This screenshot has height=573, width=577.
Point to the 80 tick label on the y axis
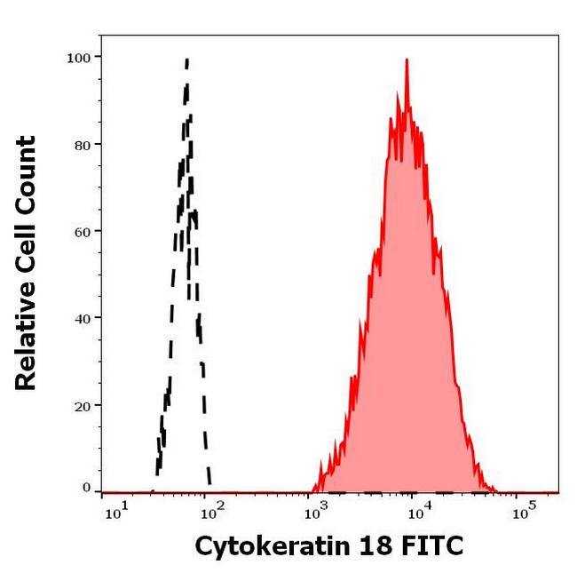point(81,145)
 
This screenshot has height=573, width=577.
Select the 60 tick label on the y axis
point(81,232)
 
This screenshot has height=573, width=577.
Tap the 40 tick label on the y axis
point(81,318)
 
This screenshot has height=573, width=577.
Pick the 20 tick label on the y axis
point(81,405)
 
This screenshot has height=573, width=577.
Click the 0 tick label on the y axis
point(86,488)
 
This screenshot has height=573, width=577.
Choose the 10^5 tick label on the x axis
point(524,510)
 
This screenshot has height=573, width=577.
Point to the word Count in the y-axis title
point(28,170)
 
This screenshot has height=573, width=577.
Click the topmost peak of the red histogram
point(407,60)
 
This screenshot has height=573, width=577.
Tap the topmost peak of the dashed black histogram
point(186,60)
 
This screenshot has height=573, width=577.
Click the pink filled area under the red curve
point(404,311)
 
